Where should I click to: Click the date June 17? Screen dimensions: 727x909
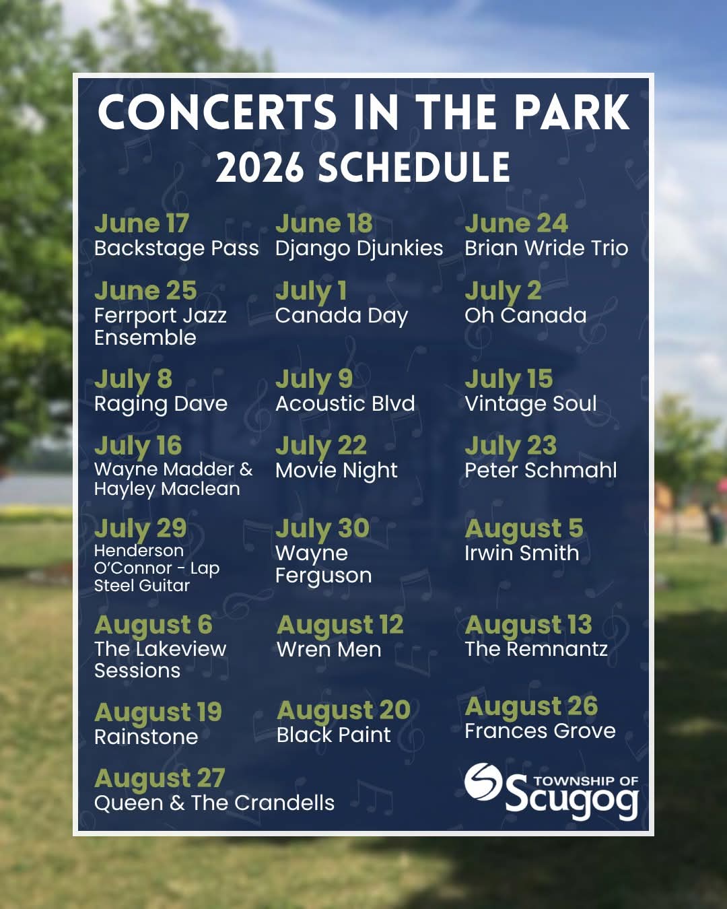[141, 223]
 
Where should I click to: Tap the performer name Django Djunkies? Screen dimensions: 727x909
[359, 248]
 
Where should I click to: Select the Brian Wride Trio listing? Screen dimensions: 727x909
[546, 248]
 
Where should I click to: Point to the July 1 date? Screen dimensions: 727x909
[311, 292]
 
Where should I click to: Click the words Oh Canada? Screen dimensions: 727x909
[526, 315]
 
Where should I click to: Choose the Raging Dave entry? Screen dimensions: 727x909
[160, 404]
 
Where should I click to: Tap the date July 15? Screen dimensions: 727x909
[509, 380]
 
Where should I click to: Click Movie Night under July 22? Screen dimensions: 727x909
[337, 471]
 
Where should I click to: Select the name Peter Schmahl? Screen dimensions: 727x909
[541, 470]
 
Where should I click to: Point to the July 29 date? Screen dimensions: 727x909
[140, 529]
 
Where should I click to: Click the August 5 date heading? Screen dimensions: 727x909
[524, 529]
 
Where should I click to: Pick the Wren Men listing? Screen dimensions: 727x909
[328, 649]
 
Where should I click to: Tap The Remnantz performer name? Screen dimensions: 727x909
[536, 649]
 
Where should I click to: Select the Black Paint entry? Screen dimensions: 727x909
[334, 735]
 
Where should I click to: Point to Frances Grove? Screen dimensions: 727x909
[540, 731]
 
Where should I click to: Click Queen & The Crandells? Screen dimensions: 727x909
[214, 803]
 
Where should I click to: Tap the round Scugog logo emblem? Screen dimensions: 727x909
[483, 782]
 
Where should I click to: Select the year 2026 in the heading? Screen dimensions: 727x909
[259, 167]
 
